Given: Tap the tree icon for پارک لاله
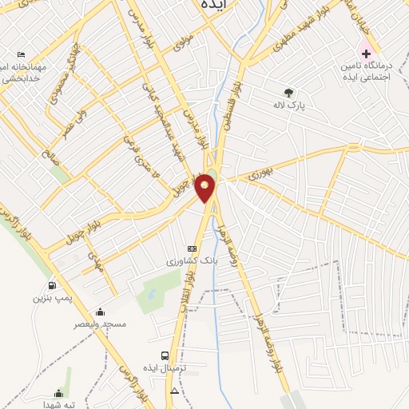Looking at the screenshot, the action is click(288, 92).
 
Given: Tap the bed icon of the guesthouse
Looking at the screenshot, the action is click(20, 54).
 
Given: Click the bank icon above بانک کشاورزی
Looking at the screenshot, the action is click(191, 248).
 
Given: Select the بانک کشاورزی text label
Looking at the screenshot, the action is click(188, 260).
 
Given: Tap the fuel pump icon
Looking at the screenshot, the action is click(52, 285).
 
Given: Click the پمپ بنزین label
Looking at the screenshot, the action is click(48, 297).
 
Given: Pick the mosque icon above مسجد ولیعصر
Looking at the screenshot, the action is click(99, 312).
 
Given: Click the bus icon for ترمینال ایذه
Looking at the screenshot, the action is click(165, 355).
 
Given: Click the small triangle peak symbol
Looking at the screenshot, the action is click(174, 391).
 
